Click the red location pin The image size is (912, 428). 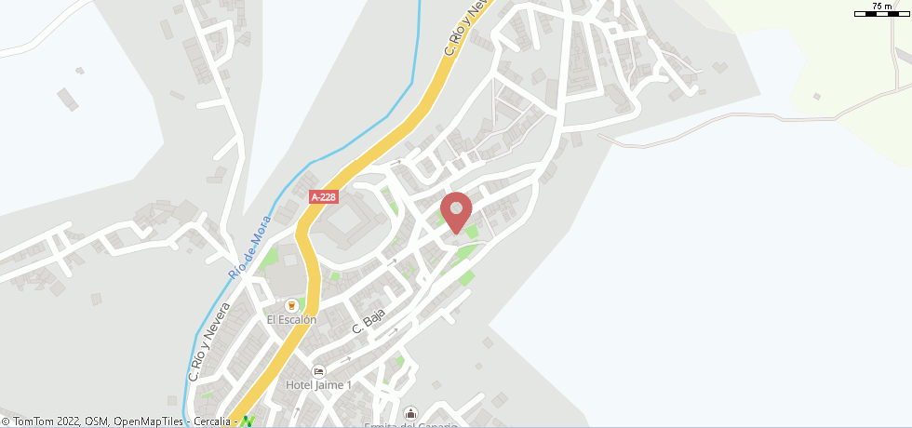[x=456, y=210]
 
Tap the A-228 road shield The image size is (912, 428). [x=323, y=197]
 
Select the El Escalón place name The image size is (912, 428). [x=291, y=320]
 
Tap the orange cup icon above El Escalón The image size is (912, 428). [x=291, y=305]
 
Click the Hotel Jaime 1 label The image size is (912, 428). [x=319, y=385]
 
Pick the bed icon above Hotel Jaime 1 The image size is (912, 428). [x=319, y=371]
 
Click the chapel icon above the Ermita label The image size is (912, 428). [x=410, y=412]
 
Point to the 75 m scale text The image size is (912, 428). [x=880, y=7]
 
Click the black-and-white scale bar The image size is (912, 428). [x=880, y=14]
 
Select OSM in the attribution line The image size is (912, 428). [x=96, y=421]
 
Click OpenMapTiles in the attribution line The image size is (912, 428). [x=148, y=421]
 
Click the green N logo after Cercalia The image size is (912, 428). [x=247, y=421]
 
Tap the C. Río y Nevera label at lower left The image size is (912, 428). [x=209, y=342]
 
